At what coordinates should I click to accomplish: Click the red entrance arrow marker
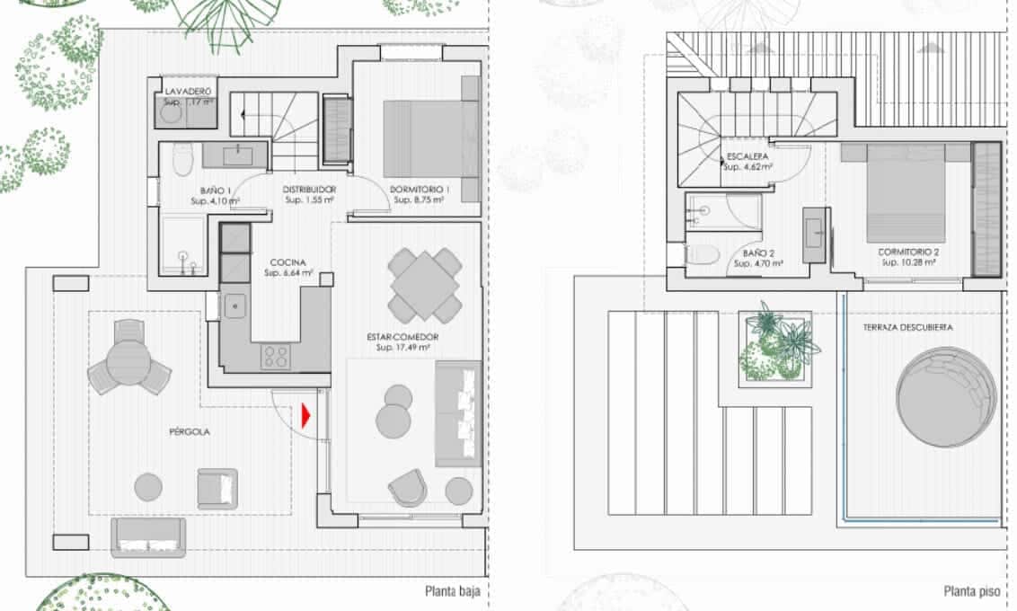pyautogui.click(x=306, y=416)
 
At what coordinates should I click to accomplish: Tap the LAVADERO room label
pyautogui.click(x=188, y=93)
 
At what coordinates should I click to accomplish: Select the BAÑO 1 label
pyautogui.click(x=217, y=190)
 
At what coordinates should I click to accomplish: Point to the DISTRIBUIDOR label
pyautogui.click(x=309, y=190)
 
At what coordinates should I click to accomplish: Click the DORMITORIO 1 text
pyautogui.click(x=420, y=190)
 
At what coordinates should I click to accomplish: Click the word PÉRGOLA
pyautogui.click(x=189, y=431)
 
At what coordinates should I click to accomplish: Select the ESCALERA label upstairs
pyautogui.click(x=747, y=156)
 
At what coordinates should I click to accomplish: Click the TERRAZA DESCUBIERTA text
pyautogui.click(x=907, y=328)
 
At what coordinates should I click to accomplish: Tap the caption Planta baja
pyautogui.click(x=452, y=591)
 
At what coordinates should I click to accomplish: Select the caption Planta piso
pyautogui.click(x=972, y=591)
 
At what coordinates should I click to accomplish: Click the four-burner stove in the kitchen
pyautogui.click(x=274, y=357)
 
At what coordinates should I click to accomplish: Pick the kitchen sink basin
pyautogui.click(x=235, y=305)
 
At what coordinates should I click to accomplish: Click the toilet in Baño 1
pyautogui.click(x=182, y=160)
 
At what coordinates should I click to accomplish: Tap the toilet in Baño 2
pyautogui.click(x=702, y=254)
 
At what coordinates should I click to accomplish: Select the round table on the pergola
pyautogui.click(x=128, y=362)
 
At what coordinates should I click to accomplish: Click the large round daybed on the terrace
pyautogui.click(x=946, y=394)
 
